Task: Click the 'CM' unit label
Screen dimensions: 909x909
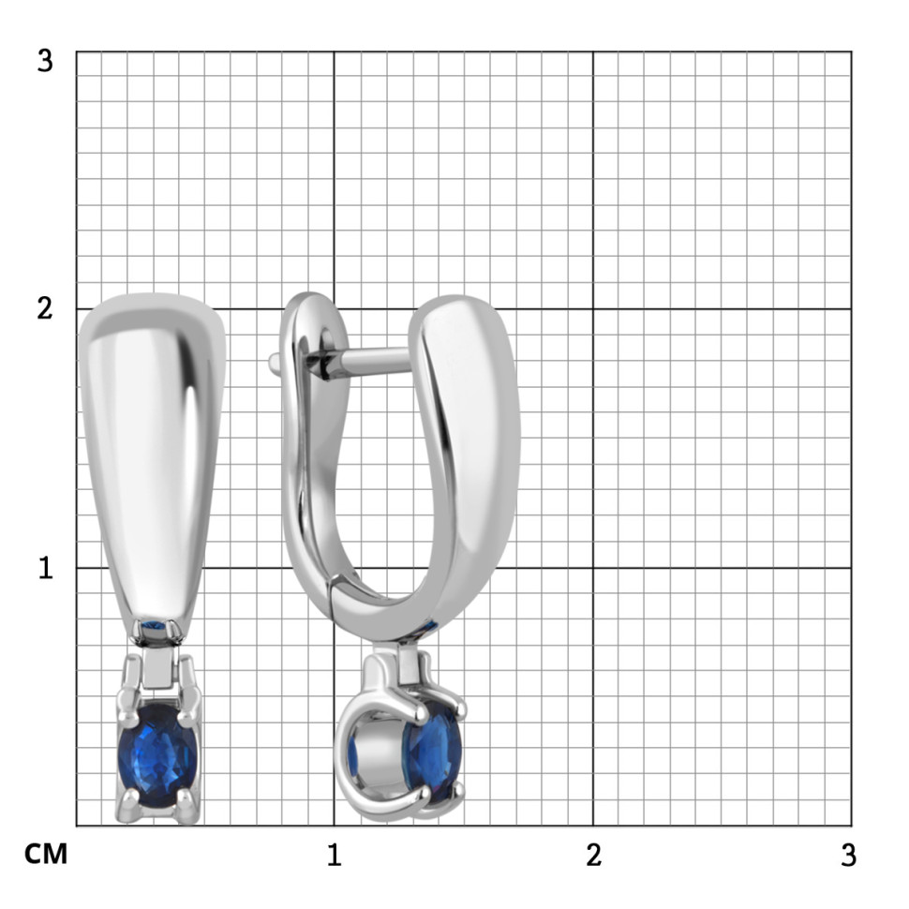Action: (x=46, y=854)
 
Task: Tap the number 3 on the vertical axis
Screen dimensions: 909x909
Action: (x=45, y=61)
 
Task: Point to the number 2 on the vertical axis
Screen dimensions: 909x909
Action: (x=45, y=308)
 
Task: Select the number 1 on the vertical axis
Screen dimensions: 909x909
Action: (x=46, y=568)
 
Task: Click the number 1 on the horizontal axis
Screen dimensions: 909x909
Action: (x=334, y=855)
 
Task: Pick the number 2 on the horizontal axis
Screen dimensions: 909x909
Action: (x=593, y=855)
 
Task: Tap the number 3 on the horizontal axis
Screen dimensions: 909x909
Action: (x=849, y=855)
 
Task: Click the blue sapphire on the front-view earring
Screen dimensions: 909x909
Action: (x=157, y=755)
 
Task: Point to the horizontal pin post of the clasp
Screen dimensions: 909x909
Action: (x=374, y=361)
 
